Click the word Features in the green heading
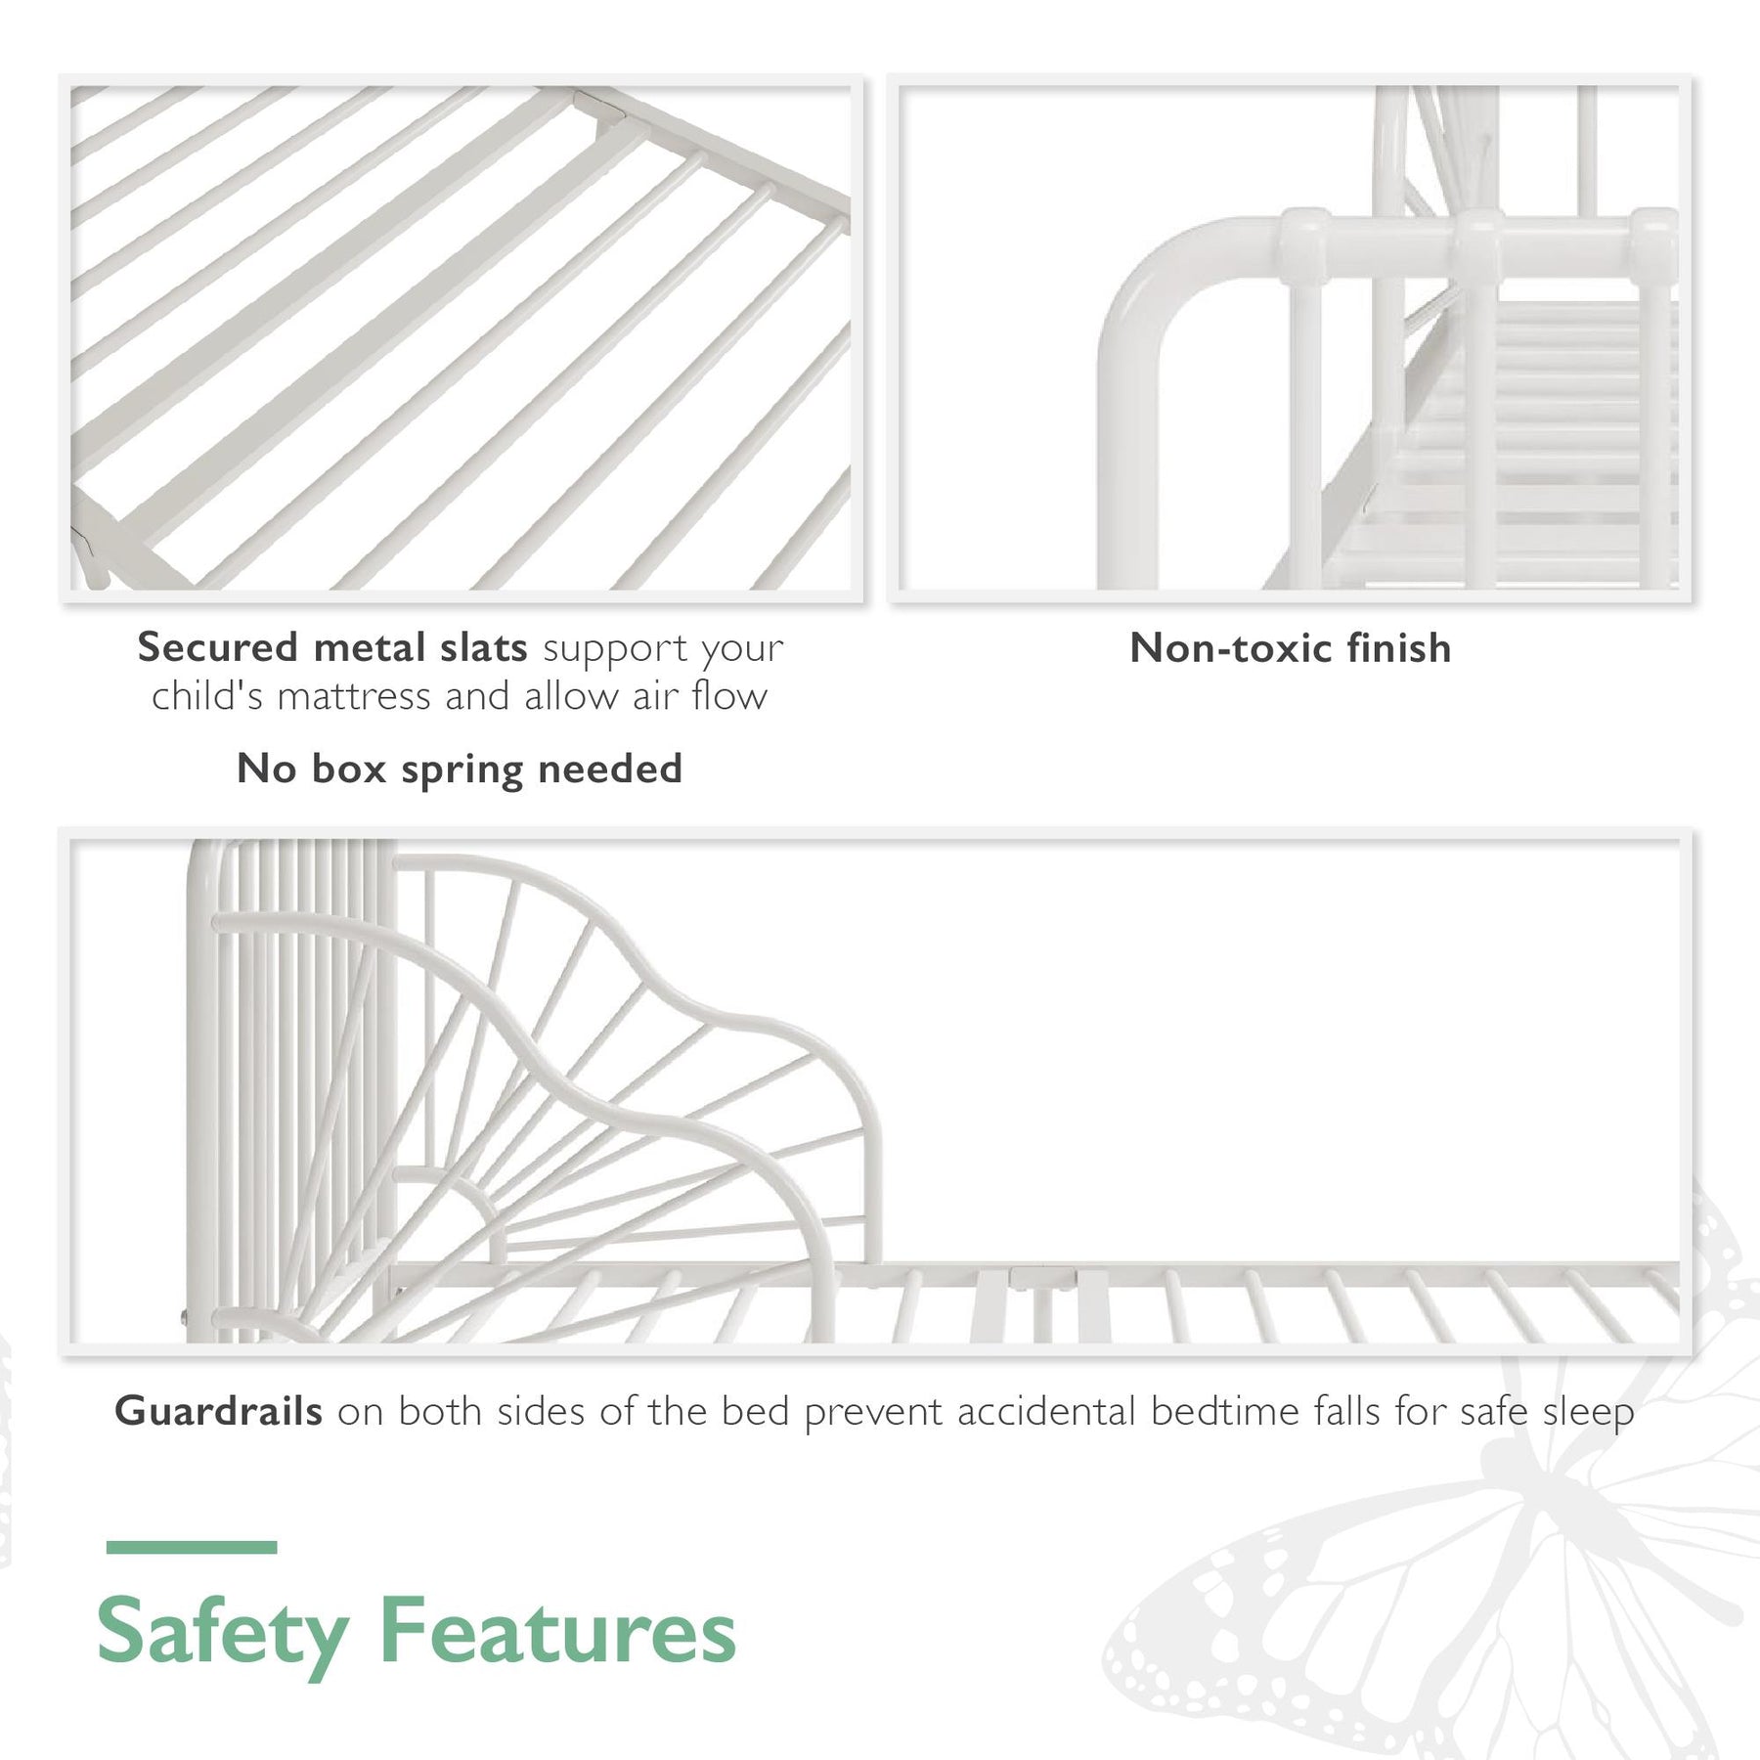pos(557,1631)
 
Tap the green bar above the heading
pos(192,1548)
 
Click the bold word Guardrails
pos(218,1412)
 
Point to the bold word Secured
pos(217,647)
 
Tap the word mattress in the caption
pos(354,696)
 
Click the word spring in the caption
pos(462,770)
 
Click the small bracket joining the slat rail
pos(1043,1277)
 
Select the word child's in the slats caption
pos(207,696)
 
